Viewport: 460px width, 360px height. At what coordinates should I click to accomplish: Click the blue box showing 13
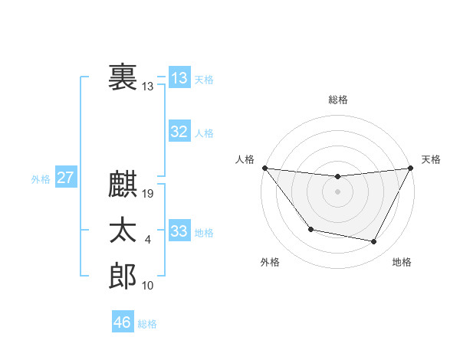coord(179,77)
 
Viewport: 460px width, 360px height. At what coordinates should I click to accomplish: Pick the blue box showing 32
coord(179,132)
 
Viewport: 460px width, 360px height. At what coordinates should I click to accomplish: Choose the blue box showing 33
coord(179,231)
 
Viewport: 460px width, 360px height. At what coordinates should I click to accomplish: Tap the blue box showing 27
coord(65,178)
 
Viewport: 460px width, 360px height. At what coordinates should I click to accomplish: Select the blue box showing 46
coord(123,322)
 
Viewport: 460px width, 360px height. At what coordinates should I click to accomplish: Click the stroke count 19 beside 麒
coord(149,194)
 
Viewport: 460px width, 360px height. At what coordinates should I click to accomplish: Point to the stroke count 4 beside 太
coord(148,240)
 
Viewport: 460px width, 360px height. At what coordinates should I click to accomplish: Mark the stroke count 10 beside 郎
coord(148,286)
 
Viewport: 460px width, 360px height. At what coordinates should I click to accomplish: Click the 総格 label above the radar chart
coord(338,99)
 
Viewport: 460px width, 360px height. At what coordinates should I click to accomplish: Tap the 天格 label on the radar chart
coord(431,159)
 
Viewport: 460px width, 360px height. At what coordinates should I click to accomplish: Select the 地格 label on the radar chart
coord(402,262)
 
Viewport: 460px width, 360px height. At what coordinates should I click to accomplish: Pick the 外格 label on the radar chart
coord(270,262)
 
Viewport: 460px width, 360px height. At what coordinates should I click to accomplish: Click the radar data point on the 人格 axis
coord(264,168)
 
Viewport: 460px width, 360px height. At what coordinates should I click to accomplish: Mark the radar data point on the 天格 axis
coord(411,168)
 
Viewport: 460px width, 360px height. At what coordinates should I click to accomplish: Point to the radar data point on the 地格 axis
coord(374,242)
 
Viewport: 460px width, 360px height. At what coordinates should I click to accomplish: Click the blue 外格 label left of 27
coord(41,179)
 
